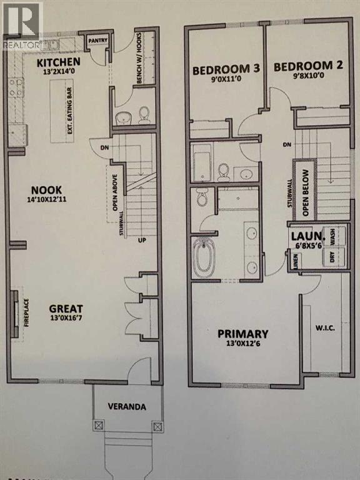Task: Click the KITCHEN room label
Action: (58, 62)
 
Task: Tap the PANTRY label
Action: (99, 41)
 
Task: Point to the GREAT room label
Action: (66, 308)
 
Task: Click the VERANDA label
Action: (126, 407)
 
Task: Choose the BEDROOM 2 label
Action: (306, 66)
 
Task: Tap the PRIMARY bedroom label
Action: (243, 334)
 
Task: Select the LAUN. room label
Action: (306, 237)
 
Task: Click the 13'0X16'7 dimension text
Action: (66, 319)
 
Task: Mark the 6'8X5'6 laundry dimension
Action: (306, 246)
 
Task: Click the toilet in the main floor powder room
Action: (144, 114)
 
